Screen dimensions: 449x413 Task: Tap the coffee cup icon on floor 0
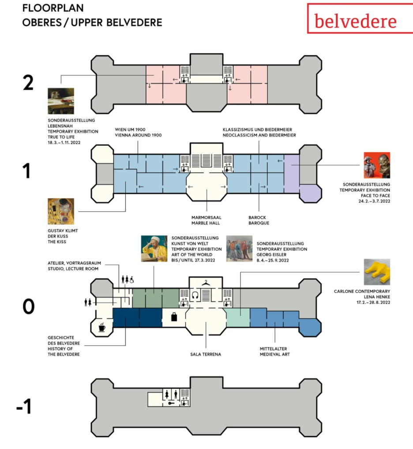click(102, 327)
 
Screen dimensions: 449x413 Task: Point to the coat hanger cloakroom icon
click(206, 283)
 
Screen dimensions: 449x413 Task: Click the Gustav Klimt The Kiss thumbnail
click(60, 211)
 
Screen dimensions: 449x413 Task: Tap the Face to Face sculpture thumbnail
click(377, 165)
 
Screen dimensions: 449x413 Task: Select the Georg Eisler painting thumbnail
click(239, 249)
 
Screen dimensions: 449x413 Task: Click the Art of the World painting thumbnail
click(154, 249)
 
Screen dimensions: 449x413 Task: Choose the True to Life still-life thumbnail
click(60, 101)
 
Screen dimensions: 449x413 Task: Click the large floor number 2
click(28, 83)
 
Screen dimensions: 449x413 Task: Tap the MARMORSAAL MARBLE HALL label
click(206, 220)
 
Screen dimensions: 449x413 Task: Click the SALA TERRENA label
click(206, 354)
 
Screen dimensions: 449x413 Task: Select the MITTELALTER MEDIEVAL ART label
click(274, 351)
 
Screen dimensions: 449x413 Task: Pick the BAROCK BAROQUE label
click(259, 220)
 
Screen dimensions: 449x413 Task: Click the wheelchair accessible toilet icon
click(132, 279)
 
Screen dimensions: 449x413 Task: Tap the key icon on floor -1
click(171, 403)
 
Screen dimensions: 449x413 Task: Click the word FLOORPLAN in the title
click(53, 8)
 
